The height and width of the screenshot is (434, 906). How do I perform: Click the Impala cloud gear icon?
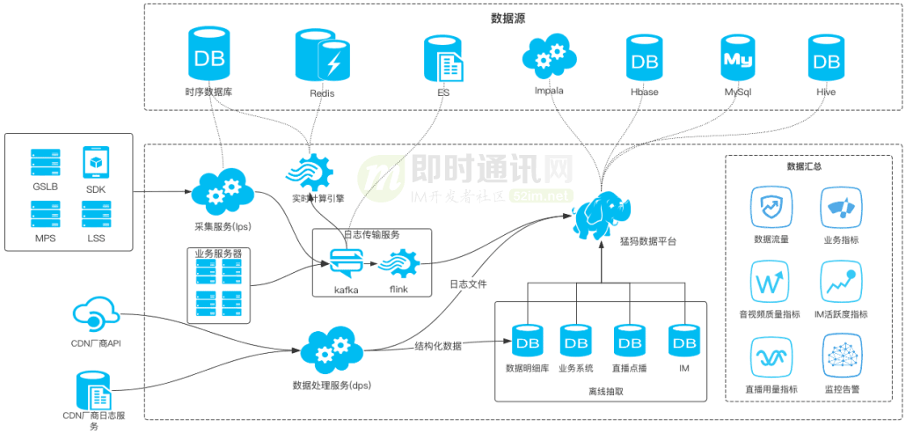[548, 57]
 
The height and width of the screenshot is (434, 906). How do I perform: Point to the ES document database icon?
[443, 58]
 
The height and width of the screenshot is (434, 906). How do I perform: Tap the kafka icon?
[346, 263]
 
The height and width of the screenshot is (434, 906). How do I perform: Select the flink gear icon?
[396, 262]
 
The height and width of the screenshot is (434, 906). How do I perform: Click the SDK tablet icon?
[95, 163]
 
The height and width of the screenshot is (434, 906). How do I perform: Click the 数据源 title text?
[508, 18]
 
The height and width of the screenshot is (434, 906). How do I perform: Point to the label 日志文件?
[468, 284]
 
